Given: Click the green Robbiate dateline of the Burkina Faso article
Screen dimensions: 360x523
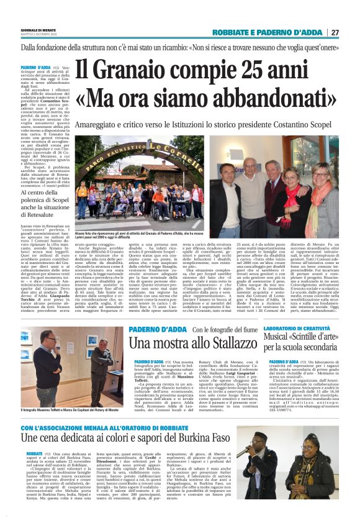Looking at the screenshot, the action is (34, 454).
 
